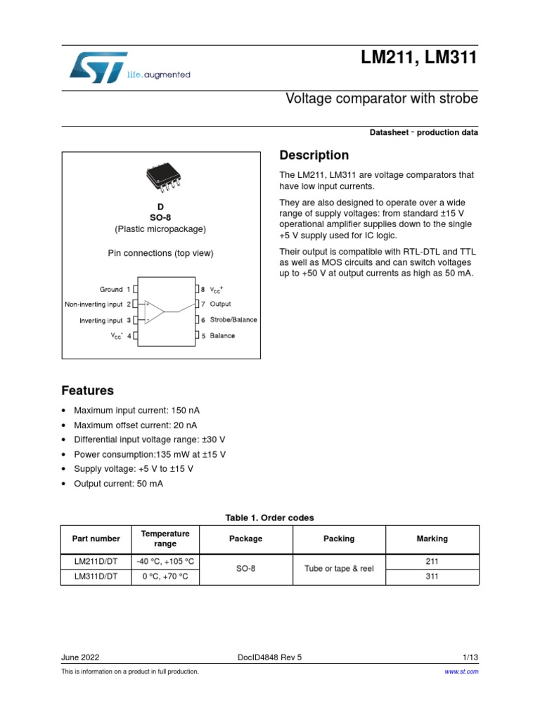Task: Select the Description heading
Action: click(x=314, y=155)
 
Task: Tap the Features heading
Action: click(x=87, y=390)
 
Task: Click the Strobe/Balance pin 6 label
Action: click(x=233, y=320)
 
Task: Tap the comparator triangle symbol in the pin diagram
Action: click(x=153, y=311)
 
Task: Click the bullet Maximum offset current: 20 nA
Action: click(x=135, y=425)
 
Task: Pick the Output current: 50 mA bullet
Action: click(x=121, y=484)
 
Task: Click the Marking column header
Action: click(x=432, y=539)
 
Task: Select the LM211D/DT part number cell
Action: click(x=96, y=561)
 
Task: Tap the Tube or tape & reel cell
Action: click(x=339, y=568)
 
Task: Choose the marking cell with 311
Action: click(x=432, y=577)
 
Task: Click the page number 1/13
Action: click(x=470, y=657)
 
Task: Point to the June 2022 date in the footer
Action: click(x=80, y=657)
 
